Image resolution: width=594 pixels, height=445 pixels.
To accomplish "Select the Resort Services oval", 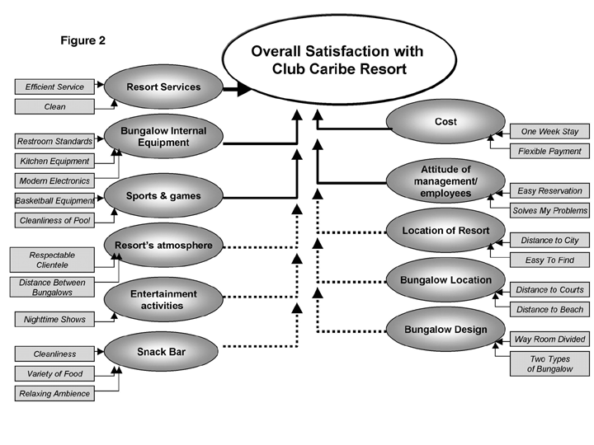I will click(163, 87).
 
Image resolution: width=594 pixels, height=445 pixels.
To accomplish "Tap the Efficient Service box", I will click(54, 87).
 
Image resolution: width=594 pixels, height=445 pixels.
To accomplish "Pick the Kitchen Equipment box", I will click(54, 161).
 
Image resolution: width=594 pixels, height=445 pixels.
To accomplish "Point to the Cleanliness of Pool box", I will click(54, 220).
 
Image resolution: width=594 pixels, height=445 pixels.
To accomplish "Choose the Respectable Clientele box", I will click(52, 260).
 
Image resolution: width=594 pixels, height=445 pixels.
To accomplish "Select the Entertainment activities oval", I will click(163, 300).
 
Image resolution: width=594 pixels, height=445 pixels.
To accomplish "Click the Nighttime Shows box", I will click(54, 319).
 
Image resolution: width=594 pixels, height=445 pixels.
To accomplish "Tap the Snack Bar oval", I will click(163, 353).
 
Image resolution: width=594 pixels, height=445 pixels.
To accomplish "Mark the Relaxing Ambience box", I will click(54, 394).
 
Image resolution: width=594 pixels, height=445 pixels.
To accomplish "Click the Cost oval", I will click(445, 122).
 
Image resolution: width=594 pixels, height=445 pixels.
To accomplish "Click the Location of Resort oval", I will click(445, 231).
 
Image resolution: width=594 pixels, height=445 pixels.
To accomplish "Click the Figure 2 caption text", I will click(83, 40).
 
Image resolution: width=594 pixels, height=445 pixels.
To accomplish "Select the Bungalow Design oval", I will click(445, 330).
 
